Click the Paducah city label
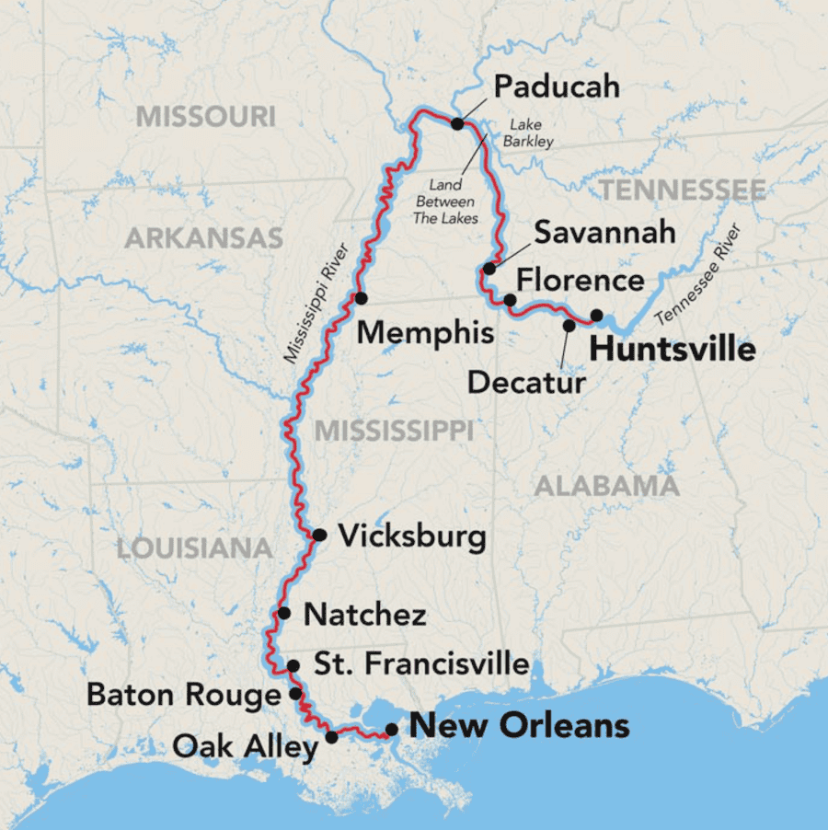point(557,87)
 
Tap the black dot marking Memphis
point(362,298)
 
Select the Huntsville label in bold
point(672,350)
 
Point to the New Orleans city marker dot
point(392,729)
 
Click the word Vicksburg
point(412,536)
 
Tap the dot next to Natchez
point(284,613)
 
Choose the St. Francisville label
point(421,663)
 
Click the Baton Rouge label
point(184,695)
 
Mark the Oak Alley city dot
point(332,737)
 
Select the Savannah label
point(604,232)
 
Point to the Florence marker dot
point(510,300)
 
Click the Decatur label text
point(526,382)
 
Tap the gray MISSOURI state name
point(206,117)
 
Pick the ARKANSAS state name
point(203,239)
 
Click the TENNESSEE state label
point(682,190)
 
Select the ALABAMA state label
point(607,486)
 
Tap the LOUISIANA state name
point(194,549)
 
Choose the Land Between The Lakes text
point(445,202)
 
